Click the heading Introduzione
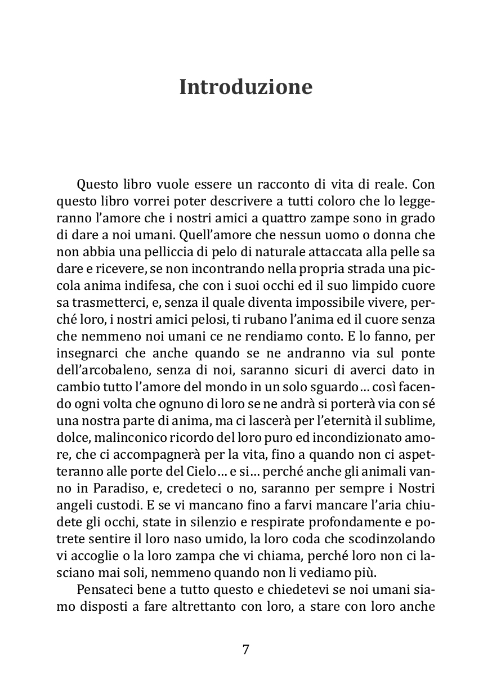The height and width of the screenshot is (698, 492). tap(245, 87)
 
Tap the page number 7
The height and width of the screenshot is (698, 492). tap(245, 649)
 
